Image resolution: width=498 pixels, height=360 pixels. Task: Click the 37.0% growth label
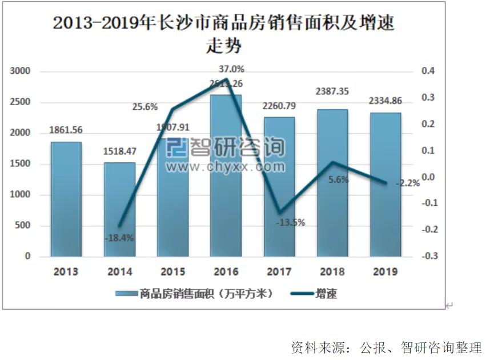[231, 69]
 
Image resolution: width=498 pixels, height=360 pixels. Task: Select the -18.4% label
[119, 238]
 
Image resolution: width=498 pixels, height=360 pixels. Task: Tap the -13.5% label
[290, 222]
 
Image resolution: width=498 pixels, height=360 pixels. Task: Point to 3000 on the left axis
[19, 71]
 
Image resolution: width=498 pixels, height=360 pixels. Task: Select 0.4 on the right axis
[427, 71]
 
